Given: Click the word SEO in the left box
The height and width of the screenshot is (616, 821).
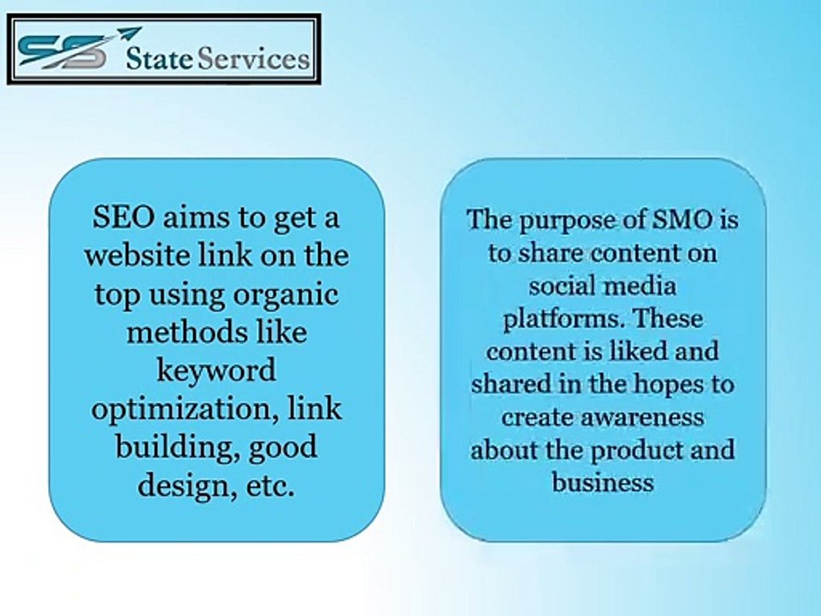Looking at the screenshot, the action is click(123, 216).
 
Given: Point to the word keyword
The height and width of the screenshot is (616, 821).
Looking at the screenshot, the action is click(216, 370).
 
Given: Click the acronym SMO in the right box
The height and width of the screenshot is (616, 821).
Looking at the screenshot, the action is click(682, 220).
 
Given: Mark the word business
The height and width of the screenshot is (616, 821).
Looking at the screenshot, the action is click(603, 482).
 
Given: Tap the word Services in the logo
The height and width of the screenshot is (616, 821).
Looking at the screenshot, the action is click(255, 59).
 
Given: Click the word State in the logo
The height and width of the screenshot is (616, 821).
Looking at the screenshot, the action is click(160, 59).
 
